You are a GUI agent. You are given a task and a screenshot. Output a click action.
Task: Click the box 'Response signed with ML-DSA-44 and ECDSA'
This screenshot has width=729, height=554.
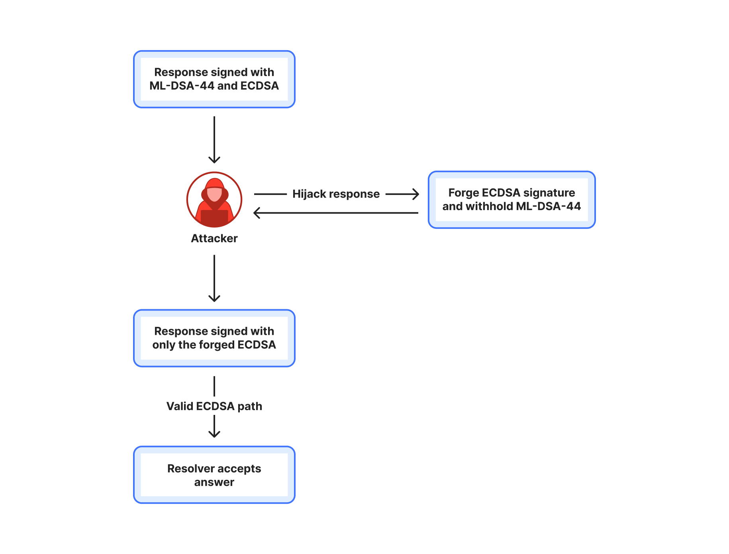(214, 79)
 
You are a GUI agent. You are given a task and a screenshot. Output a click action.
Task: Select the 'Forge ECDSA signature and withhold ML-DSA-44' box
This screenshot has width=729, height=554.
(512, 200)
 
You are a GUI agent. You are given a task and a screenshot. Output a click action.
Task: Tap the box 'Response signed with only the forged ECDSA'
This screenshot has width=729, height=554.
(214, 338)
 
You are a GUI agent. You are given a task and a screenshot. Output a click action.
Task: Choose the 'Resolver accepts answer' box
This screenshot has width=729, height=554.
(214, 475)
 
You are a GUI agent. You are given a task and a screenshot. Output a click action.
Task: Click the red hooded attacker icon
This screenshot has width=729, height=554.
(214, 200)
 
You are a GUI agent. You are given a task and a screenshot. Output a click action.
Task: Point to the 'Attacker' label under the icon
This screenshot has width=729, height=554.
(214, 238)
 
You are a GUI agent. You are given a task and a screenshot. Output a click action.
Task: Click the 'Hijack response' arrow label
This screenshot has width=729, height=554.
(336, 194)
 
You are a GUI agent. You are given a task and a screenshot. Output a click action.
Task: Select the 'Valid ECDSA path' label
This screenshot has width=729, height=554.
(214, 406)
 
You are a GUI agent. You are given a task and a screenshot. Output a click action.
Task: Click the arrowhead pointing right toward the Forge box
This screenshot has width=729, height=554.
(416, 194)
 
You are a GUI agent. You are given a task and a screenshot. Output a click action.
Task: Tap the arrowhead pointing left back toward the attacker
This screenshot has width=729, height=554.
(257, 213)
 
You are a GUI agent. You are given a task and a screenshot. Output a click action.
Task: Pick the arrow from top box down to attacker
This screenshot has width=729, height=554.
(214, 140)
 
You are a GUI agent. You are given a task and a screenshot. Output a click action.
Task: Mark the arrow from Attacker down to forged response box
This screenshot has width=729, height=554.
(214, 279)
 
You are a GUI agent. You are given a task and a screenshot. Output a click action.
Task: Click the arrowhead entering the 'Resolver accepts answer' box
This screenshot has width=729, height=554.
(214, 434)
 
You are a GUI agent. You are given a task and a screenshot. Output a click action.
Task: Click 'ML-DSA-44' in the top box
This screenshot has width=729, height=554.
(182, 86)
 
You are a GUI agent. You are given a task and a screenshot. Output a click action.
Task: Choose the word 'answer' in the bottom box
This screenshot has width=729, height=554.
(214, 483)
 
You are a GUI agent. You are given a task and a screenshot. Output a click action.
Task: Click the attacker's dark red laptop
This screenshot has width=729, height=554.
(214, 218)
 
